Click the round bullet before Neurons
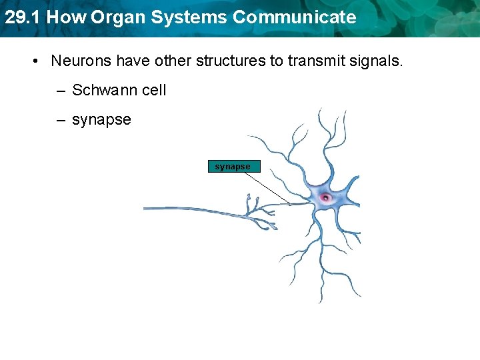pyautogui.click(x=35, y=61)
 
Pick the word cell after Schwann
pyautogui.click(x=153, y=90)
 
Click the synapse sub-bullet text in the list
pyautogui.click(x=101, y=121)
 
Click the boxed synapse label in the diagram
pyautogui.click(x=233, y=167)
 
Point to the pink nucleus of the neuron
pyautogui.click(x=325, y=197)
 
